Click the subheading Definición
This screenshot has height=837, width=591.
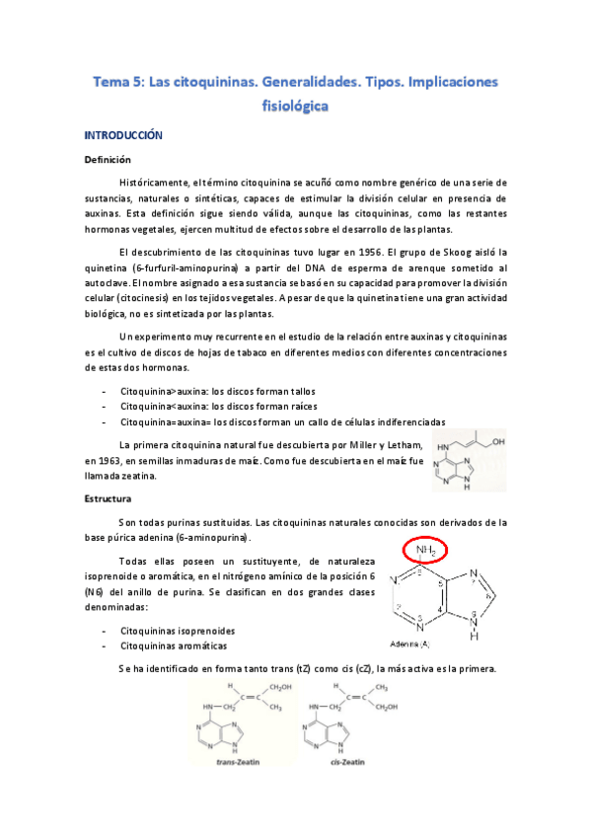[108, 159]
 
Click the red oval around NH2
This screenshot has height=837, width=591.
[427, 550]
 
